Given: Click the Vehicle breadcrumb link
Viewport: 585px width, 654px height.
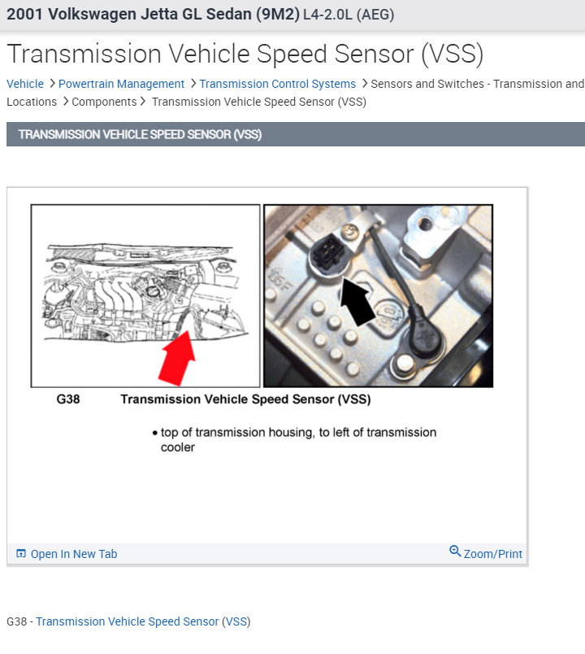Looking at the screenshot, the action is pos(25,84).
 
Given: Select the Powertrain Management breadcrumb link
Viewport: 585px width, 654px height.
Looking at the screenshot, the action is pos(121,84).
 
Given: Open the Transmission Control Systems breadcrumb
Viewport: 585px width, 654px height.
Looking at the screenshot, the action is pos(278,84).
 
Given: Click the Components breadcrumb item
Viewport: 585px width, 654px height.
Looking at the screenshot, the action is pos(104,102).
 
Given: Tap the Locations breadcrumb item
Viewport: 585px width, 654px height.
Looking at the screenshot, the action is pos(32,102).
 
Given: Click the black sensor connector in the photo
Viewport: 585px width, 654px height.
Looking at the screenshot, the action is pos(329,250).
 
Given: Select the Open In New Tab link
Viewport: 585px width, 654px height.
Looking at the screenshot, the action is pos(74,554).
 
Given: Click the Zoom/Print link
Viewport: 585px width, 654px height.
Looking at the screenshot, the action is pos(493,554).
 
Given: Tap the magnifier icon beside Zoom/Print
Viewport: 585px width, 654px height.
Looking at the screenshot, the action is pos(455,551).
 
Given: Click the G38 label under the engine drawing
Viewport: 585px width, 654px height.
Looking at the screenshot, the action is pos(68,399).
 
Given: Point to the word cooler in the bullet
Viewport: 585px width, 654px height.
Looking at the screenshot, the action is pos(178,447).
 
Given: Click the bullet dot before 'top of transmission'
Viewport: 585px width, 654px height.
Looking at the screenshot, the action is pos(155,433).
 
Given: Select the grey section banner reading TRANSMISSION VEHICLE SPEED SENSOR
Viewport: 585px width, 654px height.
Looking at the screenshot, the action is pos(296,134).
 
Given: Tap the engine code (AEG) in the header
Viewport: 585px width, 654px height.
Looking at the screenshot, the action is pos(375,15).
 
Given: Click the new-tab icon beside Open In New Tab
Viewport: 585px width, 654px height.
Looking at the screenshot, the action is pos(21,553).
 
